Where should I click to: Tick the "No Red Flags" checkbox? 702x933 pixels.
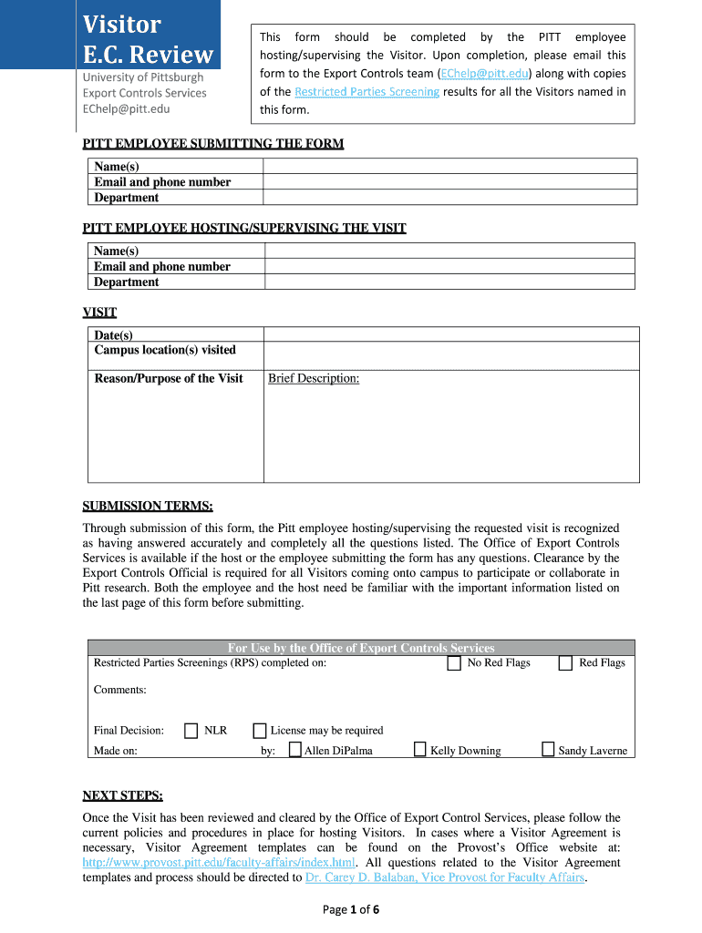(x=454, y=663)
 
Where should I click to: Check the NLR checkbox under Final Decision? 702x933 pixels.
(x=191, y=730)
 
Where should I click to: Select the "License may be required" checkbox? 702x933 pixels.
(x=260, y=730)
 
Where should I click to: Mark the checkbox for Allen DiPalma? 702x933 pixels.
(x=295, y=750)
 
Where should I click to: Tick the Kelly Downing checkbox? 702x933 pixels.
(x=420, y=750)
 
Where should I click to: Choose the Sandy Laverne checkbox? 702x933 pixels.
(x=548, y=750)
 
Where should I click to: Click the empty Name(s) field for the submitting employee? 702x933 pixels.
(x=449, y=166)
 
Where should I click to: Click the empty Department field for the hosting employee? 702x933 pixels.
(x=449, y=282)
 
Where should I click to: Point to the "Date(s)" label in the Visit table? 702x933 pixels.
(x=113, y=335)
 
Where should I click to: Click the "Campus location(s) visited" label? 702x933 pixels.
(x=165, y=350)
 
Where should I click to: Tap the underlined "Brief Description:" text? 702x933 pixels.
(x=314, y=378)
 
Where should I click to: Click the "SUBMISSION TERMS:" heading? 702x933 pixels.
(x=148, y=506)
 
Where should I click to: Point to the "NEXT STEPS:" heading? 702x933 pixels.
(x=122, y=795)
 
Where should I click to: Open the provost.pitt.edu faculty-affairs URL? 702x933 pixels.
(x=219, y=862)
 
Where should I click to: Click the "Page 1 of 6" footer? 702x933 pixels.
(x=351, y=908)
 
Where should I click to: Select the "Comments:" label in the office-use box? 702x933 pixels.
(x=119, y=690)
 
